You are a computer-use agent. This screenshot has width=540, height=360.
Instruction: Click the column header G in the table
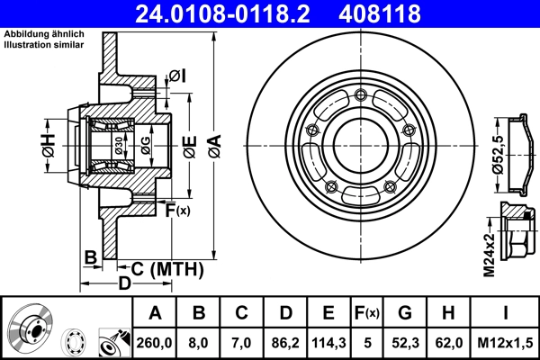pyautogui.click(x=407, y=312)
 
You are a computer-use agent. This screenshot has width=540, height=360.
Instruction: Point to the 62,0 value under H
pyautogui.click(x=448, y=342)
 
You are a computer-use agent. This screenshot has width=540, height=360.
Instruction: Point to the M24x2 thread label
pyautogui.click(x=489, y=255)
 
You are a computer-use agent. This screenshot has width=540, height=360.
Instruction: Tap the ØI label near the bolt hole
pyautogui.click(x=176, y=74)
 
